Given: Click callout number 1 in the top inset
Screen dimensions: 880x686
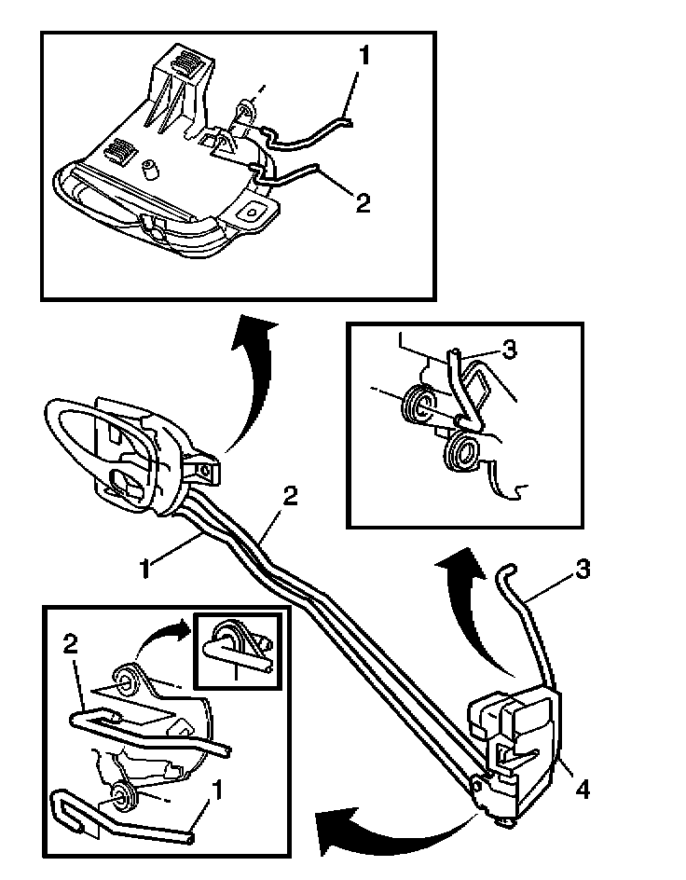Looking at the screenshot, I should coord(364,57).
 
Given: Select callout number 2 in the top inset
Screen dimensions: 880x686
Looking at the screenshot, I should coord(363,202).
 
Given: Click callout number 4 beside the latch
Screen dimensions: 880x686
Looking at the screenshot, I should coord(582,791).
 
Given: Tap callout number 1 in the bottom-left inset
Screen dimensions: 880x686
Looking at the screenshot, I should coord(217,791).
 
